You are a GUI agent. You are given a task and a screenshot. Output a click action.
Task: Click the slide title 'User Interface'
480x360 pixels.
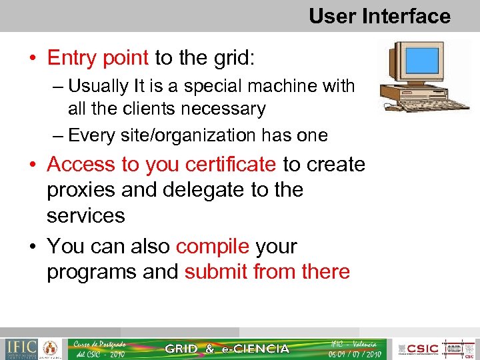tap(379, 15)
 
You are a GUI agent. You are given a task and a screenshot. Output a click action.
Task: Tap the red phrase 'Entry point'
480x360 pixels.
tap(97, 58)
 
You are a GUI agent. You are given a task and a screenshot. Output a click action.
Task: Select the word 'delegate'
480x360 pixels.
tap(203, 190)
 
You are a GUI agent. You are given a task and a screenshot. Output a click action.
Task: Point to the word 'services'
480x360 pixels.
tap(85, 216)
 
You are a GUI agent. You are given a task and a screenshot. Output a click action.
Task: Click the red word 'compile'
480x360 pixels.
tap(213, 246)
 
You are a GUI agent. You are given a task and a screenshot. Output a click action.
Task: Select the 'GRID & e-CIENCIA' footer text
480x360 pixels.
tap(227, 349)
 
